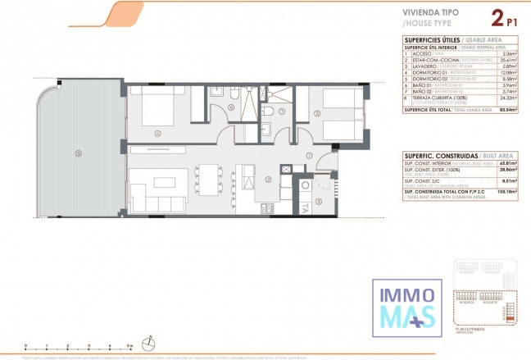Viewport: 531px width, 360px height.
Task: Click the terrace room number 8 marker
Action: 79,153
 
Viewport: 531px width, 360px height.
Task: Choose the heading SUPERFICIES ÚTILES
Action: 431,39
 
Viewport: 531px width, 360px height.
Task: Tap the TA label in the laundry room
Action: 305,207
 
